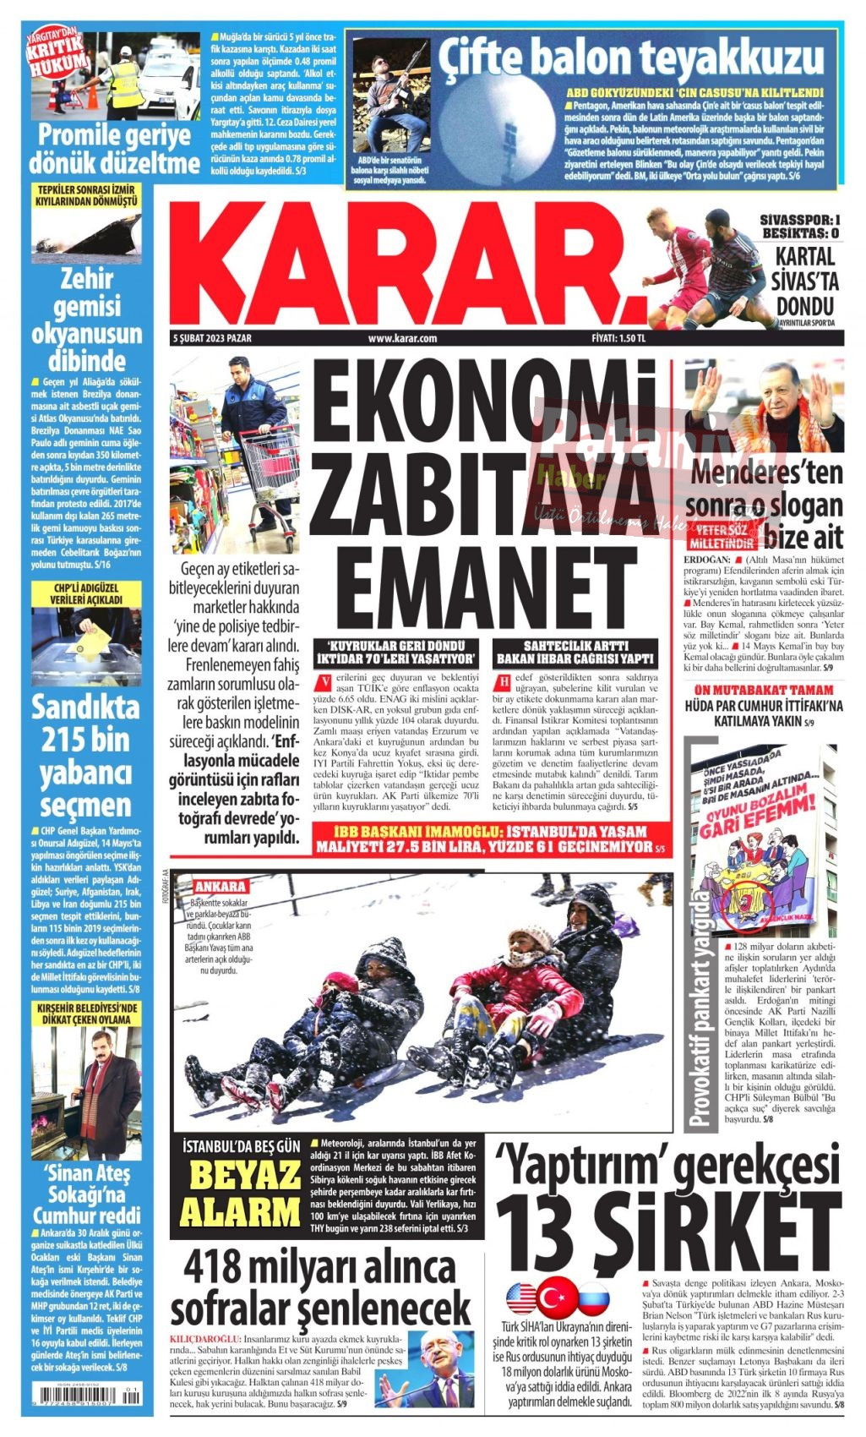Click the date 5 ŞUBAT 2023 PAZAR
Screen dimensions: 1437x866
[x=211, y=339]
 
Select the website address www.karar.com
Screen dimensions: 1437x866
[x=402, y=339]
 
